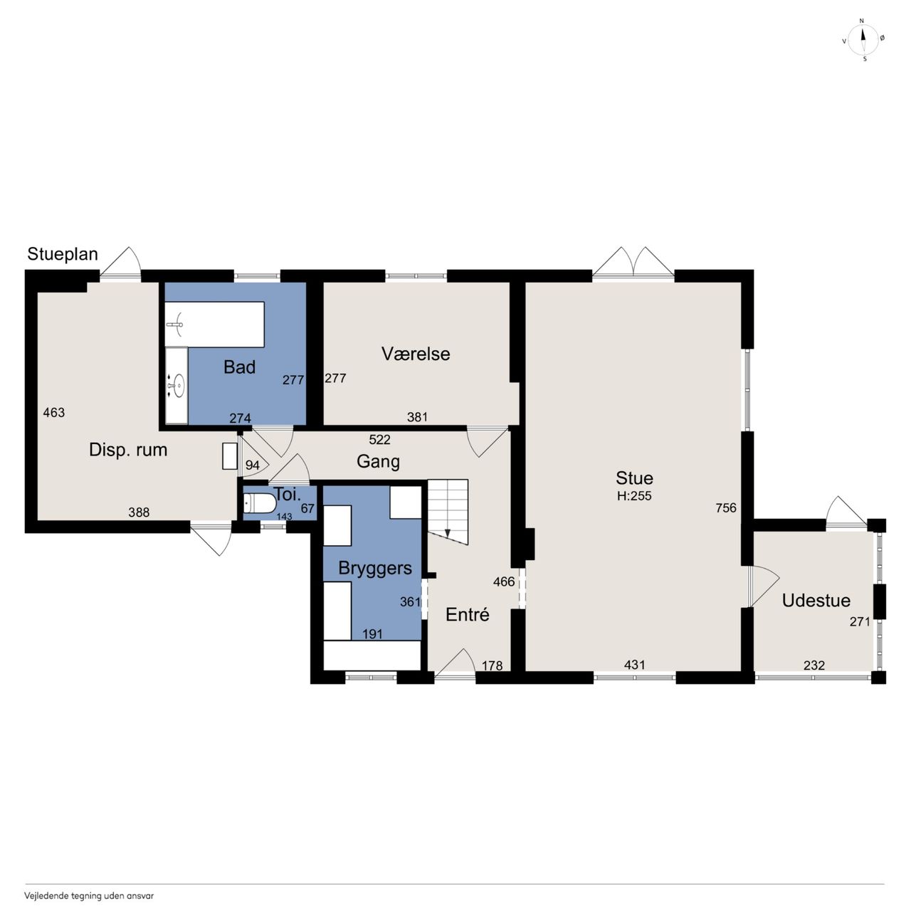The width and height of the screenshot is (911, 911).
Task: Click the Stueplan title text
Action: pos(63,254)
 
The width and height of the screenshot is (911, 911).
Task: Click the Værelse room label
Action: pos(416,354)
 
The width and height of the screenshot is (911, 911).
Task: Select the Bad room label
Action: pos(239,367)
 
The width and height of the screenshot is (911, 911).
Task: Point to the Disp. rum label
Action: pos(128,450)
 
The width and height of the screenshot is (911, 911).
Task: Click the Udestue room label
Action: pos(816,601)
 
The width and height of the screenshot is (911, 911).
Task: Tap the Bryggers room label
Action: pos(375,568)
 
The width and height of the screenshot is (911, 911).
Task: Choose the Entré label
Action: pos(467,615)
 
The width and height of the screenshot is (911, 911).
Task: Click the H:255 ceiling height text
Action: pos(634,496)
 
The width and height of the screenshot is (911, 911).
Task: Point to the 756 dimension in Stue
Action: pos(726,507)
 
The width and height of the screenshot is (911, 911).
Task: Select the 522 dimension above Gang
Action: pos(379,440)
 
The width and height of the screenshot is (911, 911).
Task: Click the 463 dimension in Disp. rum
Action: pos(53,413)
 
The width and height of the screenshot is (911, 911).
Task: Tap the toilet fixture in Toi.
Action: pos(260,504)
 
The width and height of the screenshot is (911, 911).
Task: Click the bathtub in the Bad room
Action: pos(215,325)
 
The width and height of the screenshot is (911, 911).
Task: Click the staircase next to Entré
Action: pos(448,512)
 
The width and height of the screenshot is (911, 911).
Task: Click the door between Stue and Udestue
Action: pos(763,586)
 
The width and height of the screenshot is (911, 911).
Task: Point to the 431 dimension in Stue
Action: pos(634,665)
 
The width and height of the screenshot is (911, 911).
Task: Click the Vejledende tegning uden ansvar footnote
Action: pos(89,896)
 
